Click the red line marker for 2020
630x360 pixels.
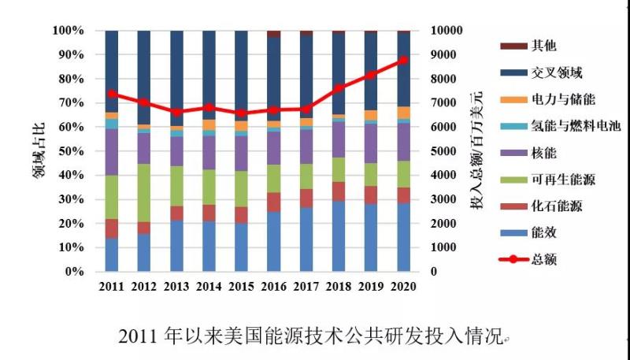pyautogui.click(x=402, y=60)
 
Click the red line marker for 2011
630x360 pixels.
pyautogui.click(x=112, y=94)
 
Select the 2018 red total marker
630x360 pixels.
pyautogui.click(x=338, y=89)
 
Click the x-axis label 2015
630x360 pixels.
pyautogui.click(x=241, y=287)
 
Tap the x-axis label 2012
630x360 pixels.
pyautogui.click(x=144, y=287)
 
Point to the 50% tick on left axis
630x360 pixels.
pyautogui.click(x=69, y=151)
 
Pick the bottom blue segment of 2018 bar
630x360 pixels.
pyautogui.click(x=338, y=236)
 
